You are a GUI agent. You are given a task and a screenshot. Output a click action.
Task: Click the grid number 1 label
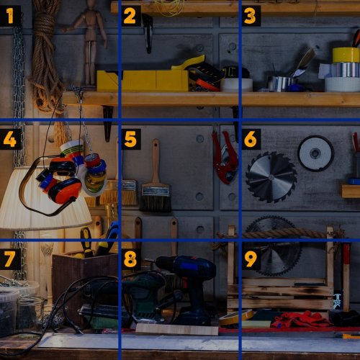pyautogui.click(x=10, y=16)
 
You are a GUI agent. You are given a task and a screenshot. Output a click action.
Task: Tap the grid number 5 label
pyautogui.click(x=131, y=139)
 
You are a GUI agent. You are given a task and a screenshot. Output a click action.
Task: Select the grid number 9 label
pyautogui.click(x=251, y=259)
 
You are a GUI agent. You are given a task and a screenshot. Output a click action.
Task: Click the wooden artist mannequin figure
pyautogui.click(x=89, y=41)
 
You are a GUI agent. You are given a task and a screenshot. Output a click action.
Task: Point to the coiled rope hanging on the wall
pyautogui.click(x=45, y=56)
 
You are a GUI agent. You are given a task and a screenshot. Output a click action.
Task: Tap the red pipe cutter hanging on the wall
pyautogui.click(x=225, y=157)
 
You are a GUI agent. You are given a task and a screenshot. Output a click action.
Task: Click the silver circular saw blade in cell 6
pyautogui.click(x=271, y=178)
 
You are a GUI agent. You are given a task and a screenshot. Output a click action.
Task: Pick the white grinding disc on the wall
pyautogui.click(x=315, y=153)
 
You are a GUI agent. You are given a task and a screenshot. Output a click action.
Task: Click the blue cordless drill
pyautogui.click(x=189, y=288)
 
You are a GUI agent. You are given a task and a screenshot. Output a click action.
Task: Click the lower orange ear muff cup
pyautogui.click(x=64, y=191)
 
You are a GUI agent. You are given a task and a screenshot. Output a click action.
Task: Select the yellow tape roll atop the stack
pyautogui.click(x=346, y=55)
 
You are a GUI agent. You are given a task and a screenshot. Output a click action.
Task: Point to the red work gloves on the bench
pyautogui.click(x=301, y=319)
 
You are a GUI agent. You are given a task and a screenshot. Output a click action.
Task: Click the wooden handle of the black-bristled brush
pyautogui.click(x=156, y=161)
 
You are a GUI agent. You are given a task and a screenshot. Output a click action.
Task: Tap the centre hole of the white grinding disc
pyautogui.click(x=315, y=153)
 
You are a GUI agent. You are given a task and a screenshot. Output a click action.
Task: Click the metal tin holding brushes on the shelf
pyautogui.click(x=279, y=84)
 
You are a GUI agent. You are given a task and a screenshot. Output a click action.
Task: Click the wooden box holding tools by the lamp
pyautogui.click(x=85, y=281)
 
